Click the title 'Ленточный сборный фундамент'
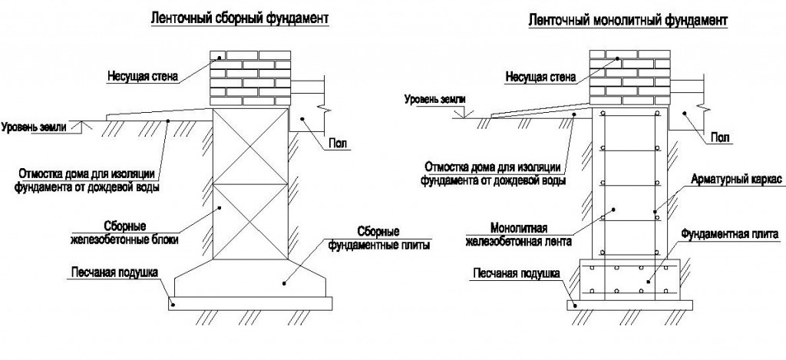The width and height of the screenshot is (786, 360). click(x=240, y=18)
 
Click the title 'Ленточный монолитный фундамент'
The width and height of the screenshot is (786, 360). click(x=627, y=21)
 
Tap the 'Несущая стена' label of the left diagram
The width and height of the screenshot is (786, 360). click(x=142, y=77)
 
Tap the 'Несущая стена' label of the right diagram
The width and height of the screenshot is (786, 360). click(x=540, y=78)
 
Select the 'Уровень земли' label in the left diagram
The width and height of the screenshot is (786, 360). click(x=34, y=127)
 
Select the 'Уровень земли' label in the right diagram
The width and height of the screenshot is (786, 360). click(x=434, y=99)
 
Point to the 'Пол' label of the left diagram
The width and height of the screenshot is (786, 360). click(x=338, y=144)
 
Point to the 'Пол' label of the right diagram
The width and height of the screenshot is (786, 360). click(x=720, y=137)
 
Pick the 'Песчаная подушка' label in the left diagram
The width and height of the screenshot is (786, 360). click(x=114, y=272)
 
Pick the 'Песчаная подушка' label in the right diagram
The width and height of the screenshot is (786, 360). click(x=516, y=273)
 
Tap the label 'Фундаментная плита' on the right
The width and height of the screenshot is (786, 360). click(x=729, y=233)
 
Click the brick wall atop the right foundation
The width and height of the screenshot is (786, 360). click(x=630, y=78)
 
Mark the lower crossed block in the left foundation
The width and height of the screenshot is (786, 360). click(x=251, y=222)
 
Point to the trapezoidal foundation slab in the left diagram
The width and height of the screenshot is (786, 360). click(x=250, y=278)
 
